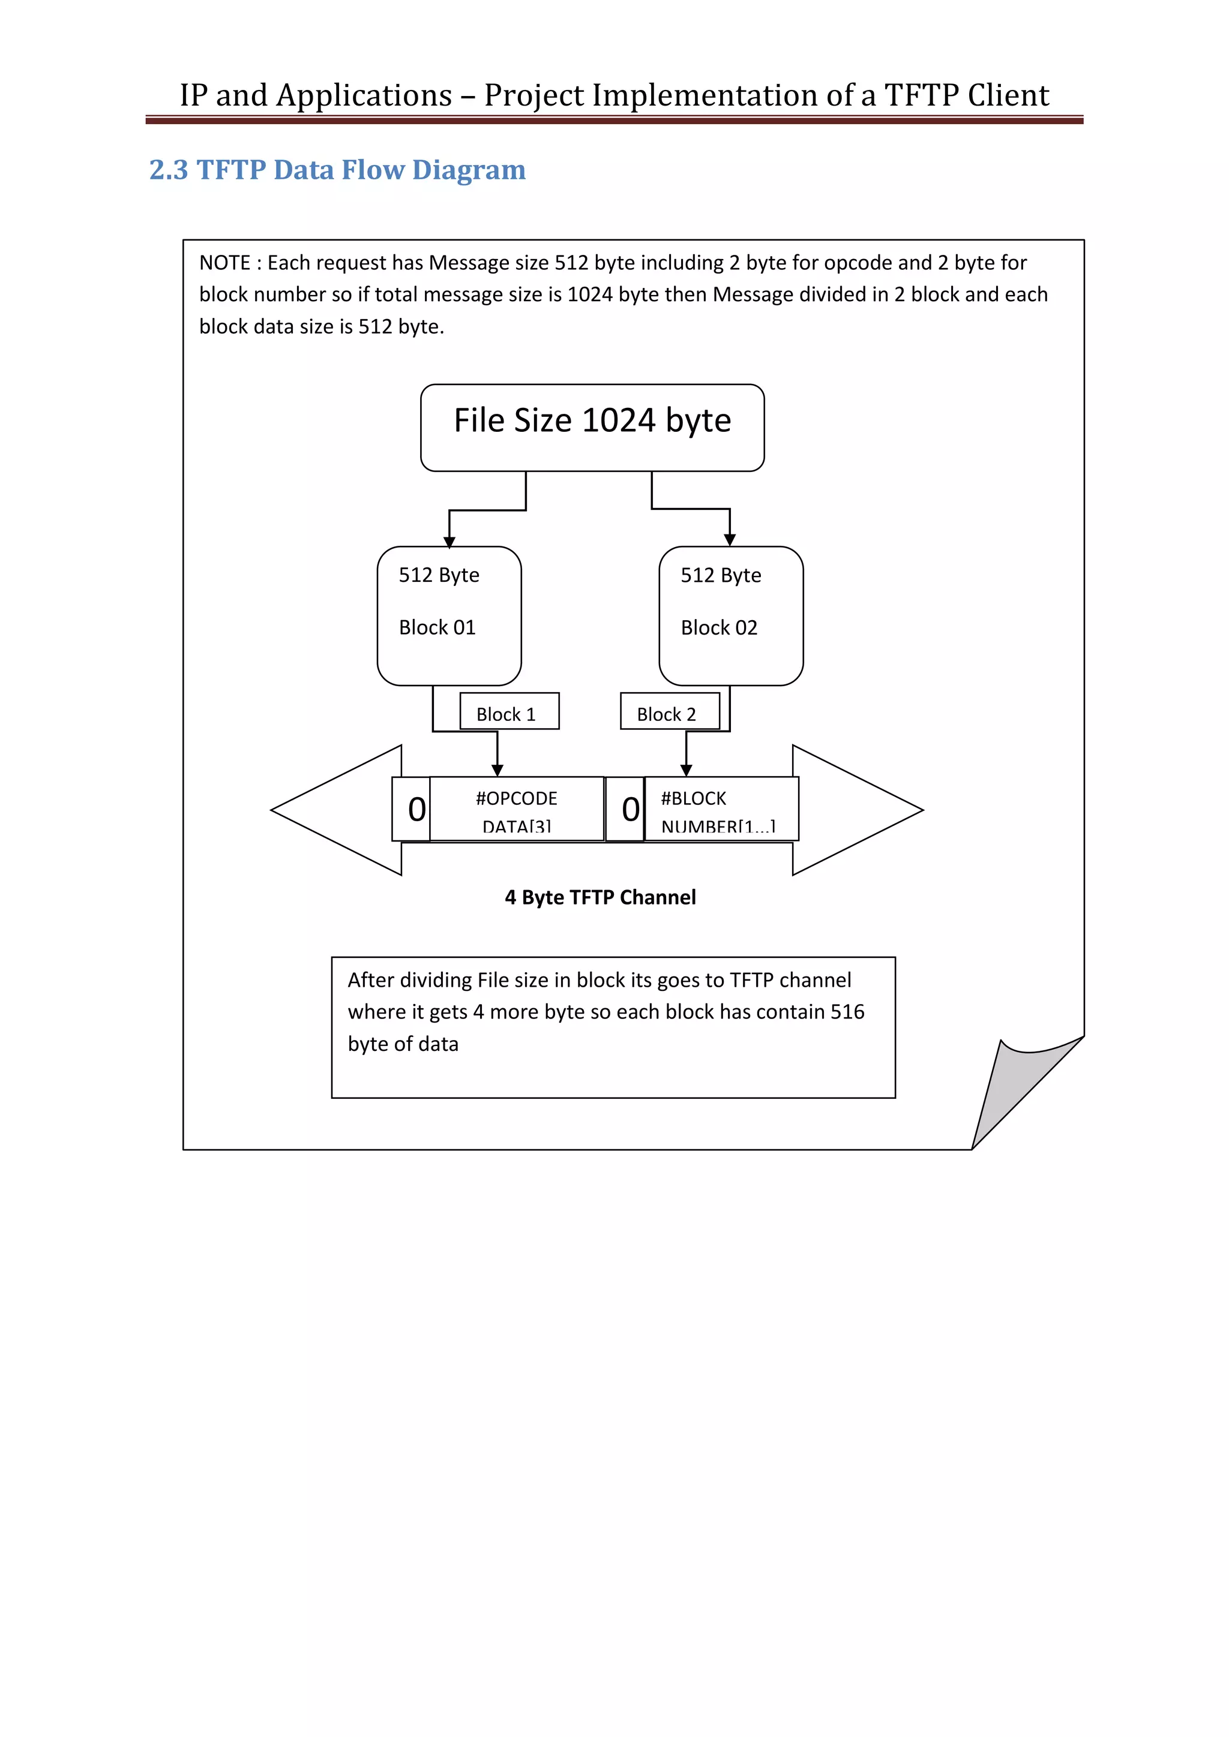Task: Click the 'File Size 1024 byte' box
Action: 592,428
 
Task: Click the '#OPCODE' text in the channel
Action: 516,799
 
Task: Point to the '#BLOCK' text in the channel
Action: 693,799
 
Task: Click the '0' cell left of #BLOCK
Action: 630,810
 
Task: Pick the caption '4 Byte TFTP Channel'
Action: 600,897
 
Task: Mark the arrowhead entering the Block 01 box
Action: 449,542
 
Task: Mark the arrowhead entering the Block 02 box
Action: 730,539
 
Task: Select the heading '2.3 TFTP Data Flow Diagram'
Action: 337,170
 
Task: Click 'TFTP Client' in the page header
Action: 966,95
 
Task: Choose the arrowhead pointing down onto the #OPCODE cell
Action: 497,770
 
